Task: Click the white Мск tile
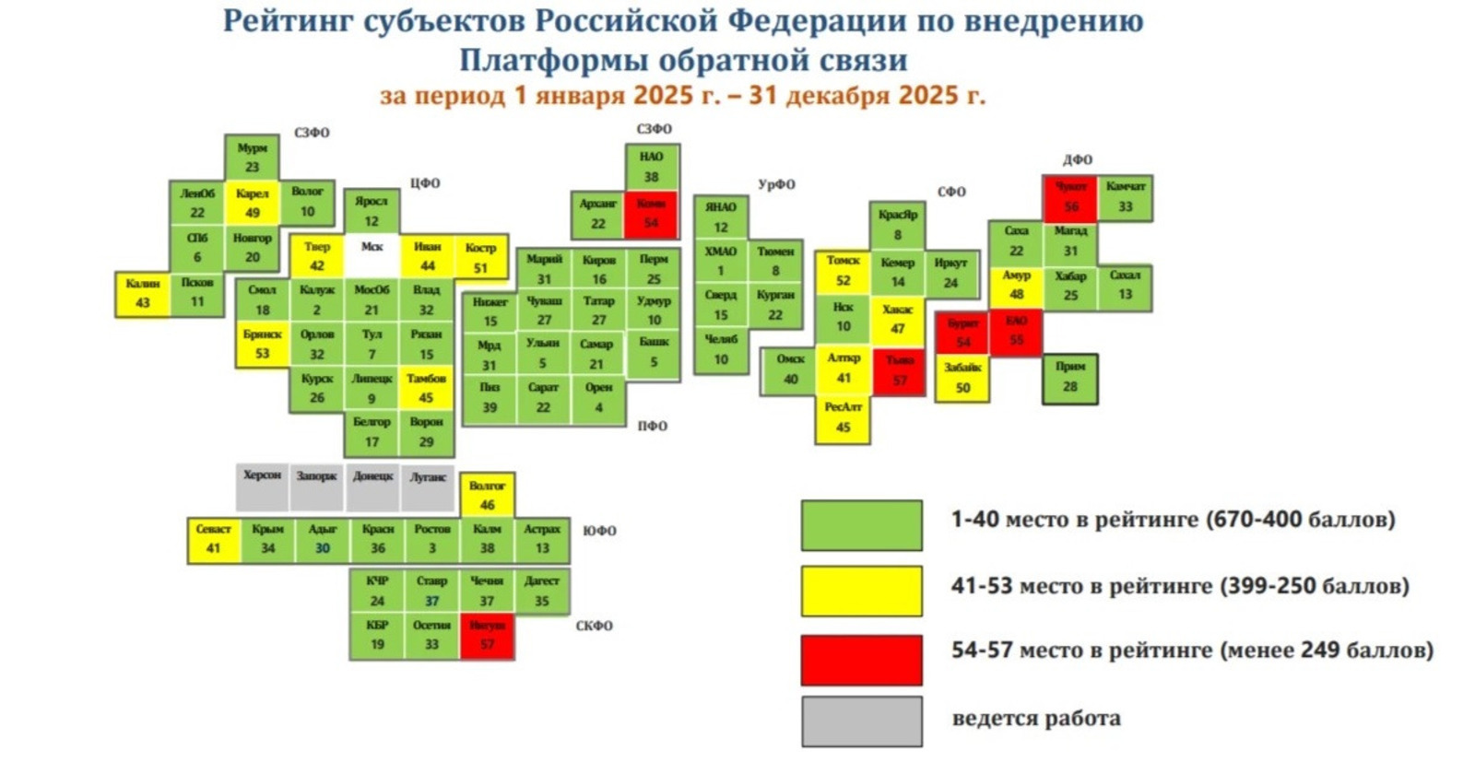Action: click(372, 256)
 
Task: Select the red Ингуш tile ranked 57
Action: click(487, 636)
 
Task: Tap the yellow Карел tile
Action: click(253, 204)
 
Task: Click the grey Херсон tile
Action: click(262, 487)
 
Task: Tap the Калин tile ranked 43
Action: click(143, 294)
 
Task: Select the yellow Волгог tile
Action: click(488, 495)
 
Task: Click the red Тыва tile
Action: click(899, 371)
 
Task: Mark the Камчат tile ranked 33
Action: click(1125, 197)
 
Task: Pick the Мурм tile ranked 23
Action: click(253, 158)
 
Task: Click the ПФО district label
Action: click(652, 426)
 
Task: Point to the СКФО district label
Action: click(594, 626)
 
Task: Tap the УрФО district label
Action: click(776, 184)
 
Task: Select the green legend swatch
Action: click(861, 525)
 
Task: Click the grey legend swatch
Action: click(861, 721)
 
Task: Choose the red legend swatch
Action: click(861, 659)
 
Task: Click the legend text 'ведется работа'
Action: click(1036, 719)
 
